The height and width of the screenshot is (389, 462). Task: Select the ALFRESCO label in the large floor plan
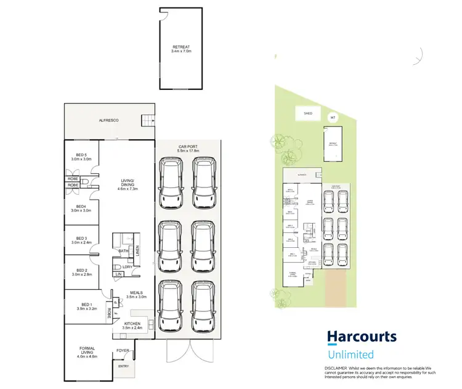(108, 120)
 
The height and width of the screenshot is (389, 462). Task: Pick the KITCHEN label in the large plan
(132, 324)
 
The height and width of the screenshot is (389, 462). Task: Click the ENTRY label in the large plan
(124, 366)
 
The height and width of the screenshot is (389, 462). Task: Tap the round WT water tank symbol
(333, 117)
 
